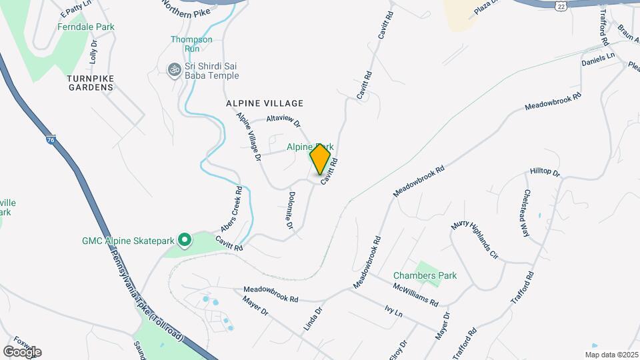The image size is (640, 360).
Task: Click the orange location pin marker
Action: point(321,159)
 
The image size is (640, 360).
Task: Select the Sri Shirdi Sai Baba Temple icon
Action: point(175,69)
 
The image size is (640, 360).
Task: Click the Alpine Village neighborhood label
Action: point(265,103)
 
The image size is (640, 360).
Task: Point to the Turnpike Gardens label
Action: point(90,83)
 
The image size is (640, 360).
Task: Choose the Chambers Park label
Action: point(425,275)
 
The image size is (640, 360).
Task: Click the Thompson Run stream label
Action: point(191,44)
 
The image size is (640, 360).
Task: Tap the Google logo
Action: point(22,351)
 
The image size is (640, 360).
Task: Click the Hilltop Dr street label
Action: point(545,173)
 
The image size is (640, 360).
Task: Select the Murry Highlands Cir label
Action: point(474,241)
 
